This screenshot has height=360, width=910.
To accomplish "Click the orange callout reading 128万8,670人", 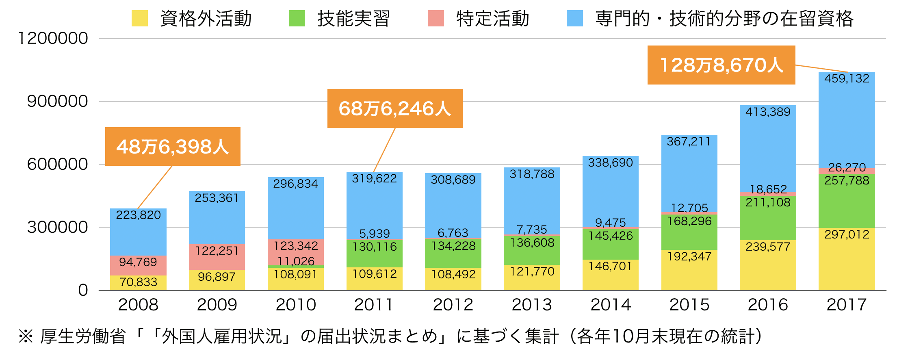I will pyautogui.click(x=721, y=65).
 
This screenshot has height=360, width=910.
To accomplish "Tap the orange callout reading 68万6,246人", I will pyautogui.click(x=395, y=108).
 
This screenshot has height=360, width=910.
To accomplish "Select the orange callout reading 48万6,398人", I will pyautogui.click(x=173, y=147).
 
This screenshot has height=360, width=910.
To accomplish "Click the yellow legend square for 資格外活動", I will pyautogui.click(x=139, y=19).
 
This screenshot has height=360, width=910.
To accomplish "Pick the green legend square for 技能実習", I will pyautogui.click(x=297, y=19).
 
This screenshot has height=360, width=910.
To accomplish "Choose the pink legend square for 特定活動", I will pyautogui.click(x=435, y=19).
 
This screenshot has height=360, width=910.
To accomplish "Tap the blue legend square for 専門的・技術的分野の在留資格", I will pyautogui.click(x=574, y=19).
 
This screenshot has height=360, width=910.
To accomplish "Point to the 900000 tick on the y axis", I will pyautogui.click(x=57, y=101).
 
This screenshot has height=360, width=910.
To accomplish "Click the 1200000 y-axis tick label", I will pyautogui.click(x=53, y=38).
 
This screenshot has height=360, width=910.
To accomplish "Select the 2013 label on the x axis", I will pyautogui.click(x=532, y=305).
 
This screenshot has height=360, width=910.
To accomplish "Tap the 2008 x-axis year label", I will pyautogui.click(x=138, y=305).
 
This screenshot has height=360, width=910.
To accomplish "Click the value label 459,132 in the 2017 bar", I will pyautogui.click(x=847, y=78).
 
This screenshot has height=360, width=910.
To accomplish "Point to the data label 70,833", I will pyautogui.click(x=138, y=282).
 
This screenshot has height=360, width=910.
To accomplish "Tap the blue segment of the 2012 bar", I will pyautogui.click(x=453, y=207).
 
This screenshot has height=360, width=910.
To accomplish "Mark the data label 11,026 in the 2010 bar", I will pyautogui.click(x=296, y=261).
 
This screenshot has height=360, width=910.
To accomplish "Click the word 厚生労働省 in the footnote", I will pyautogui.click(x=83, y=336).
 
